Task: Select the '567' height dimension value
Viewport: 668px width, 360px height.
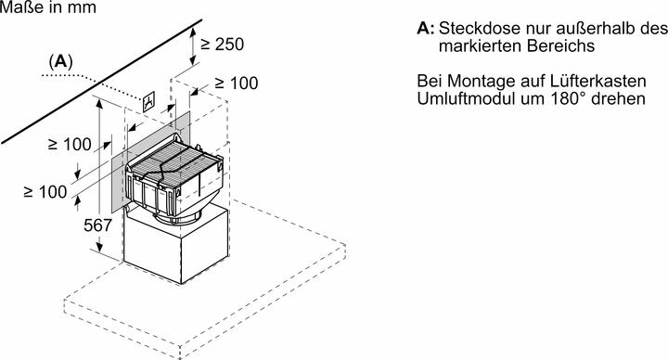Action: tap(96, 225)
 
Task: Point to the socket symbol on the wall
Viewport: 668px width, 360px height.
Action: tap(148, 101)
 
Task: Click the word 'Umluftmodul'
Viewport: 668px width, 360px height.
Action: tap(462, 98)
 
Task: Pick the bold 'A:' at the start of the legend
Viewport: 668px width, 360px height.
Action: tap(426, 29)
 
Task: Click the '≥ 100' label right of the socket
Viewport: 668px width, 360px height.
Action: tap(230, 84)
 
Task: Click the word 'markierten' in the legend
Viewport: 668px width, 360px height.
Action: tap(475, 45)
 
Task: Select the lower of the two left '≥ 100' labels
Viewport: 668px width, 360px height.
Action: tap(45, 191)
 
